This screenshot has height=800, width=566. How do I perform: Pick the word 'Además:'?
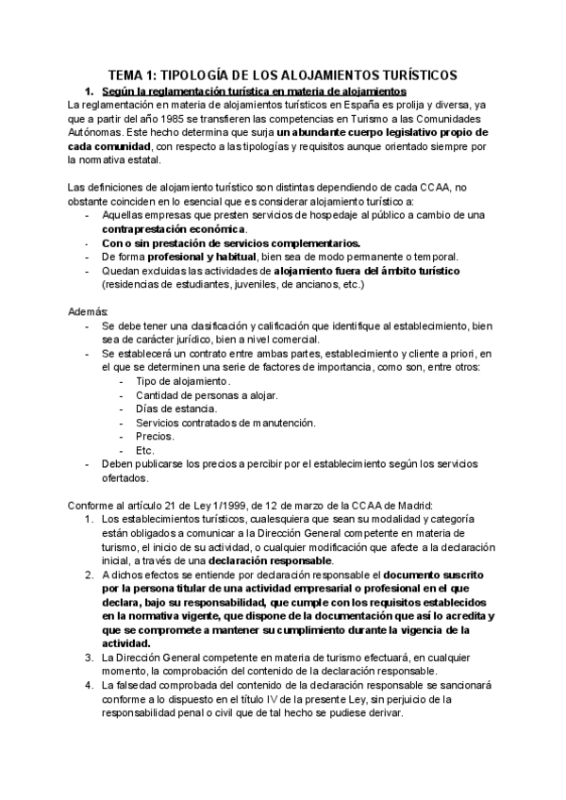(89, 311)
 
